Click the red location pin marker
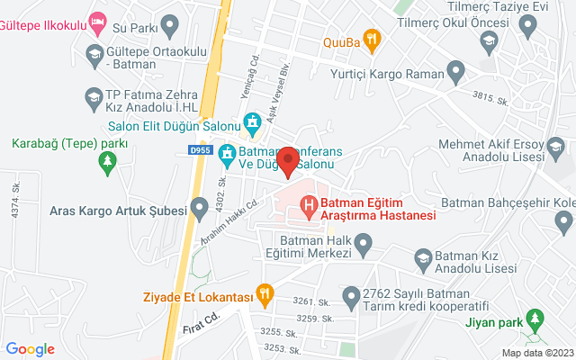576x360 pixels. click(287, 160)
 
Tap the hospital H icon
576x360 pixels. click(310, 207)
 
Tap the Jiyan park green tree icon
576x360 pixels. click(536, 319)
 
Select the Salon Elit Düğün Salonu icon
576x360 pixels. click(256, 120)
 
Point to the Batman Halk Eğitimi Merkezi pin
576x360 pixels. click(364, 242)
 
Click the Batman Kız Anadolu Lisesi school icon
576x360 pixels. click(422, 260)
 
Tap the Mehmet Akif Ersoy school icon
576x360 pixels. click(557, 146)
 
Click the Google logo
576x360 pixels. click(31, 349)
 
